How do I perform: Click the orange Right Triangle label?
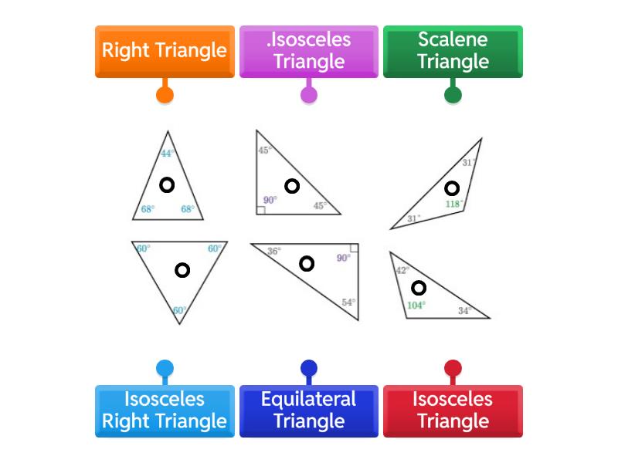tap(165, 51)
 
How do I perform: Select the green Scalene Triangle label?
tap(453, 51)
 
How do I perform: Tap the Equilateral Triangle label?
tap(309, 411)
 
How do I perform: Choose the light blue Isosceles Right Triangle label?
tap(165, 411)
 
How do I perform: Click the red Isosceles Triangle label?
tap(453, 411)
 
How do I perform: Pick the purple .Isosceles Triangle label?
tap(309, 51)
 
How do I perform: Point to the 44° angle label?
tap(167, 154)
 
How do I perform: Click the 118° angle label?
tap(454, 204)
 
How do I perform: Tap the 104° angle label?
tap(416, 305)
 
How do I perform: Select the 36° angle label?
tap(274, 252)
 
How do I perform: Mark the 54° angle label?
tap(348, 302)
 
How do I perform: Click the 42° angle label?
tap(402, 271)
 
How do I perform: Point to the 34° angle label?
tap(464, 311)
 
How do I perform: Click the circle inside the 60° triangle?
tap(182, 270)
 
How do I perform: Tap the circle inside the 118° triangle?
tap(452, 188)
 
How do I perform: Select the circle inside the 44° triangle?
tap(166, 184)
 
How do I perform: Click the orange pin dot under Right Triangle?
tap(165, 95)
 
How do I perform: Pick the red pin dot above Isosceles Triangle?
tap(453, 367)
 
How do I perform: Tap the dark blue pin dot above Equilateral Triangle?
tap(309, 367)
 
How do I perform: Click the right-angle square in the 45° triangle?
tap(261, 209)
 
